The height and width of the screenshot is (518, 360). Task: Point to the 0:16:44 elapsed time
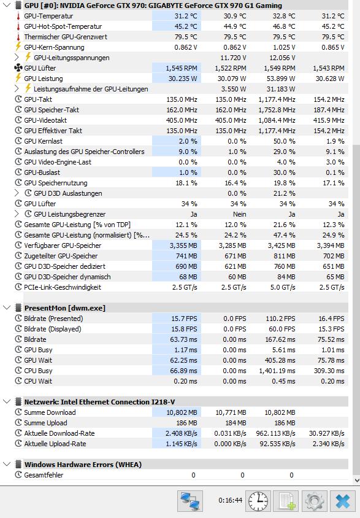[x=231, y=500]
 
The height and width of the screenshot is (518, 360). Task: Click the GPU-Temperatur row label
[x=48, y=16]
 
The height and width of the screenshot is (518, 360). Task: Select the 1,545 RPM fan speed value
[x=182, y=68]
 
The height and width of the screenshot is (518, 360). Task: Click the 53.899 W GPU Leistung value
[x=281, y=79]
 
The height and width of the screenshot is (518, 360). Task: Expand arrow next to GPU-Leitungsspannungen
[x=17, y=58]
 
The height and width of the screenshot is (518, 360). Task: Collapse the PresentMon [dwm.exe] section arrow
[x=7, y=308]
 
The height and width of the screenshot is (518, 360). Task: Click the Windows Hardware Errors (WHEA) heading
[x=83, y=465]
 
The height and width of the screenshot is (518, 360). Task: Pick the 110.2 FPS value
[x=280, y=319]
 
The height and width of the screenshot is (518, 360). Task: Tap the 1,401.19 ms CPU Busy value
[x=277, y=371]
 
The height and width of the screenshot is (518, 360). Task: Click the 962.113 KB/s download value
[x=275, y=433]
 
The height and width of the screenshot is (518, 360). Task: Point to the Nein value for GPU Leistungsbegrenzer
[x=240, y=214]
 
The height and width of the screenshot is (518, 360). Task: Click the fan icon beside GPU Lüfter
[x=18, y=68]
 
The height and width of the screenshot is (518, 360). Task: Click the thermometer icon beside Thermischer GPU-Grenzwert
[x=18, y=37]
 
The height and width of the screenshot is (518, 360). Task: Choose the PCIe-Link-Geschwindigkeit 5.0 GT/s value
[x=283, y=287]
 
